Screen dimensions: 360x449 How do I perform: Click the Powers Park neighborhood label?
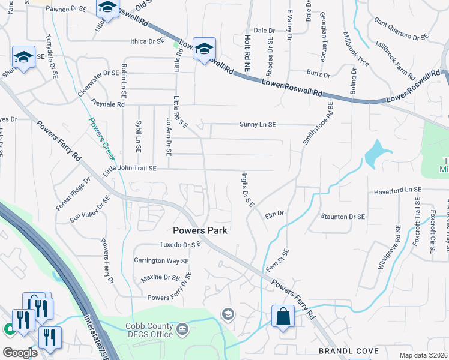click(x=200, y=230)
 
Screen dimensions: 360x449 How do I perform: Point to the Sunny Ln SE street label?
click(x=258, y=125)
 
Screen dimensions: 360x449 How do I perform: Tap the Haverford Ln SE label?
click(x=398, y=190)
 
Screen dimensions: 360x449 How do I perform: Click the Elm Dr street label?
click(x=273, y=213)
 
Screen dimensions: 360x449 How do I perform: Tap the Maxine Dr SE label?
click(x=160, y=278)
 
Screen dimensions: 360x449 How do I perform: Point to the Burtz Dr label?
click(x=318, y=74)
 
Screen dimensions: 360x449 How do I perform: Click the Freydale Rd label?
click(x=107, y=104)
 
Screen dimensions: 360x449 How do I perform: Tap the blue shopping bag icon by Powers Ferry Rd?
click(x=283, y=316)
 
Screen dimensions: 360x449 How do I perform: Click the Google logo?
click(x=20, y=353)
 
